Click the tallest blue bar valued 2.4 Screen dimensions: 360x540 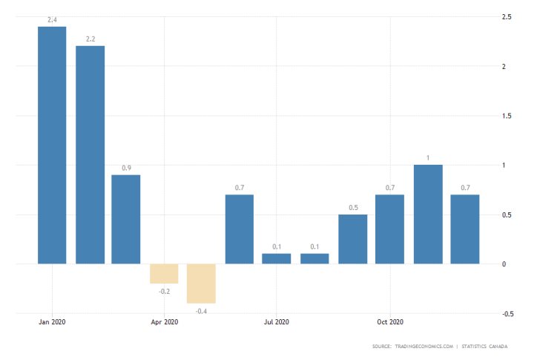point(52,145)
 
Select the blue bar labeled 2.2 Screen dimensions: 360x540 point(90,154)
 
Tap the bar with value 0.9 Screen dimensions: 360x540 point(126,219)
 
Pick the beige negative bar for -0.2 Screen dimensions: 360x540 point(164,273)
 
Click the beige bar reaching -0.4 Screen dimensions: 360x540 point(201,284)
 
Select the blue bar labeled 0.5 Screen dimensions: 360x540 point(352,239)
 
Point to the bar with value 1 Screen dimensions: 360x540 point(428,214)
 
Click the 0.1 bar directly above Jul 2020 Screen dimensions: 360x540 point(277,258)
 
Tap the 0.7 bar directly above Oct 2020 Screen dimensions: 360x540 point(390,229)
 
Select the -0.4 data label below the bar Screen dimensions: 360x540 point(201,311)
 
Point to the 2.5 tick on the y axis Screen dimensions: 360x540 point(507,16)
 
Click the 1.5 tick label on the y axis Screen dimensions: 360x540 point(507,116)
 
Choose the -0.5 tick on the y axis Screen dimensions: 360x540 point(506,314)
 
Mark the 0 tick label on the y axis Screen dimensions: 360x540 point(504,264)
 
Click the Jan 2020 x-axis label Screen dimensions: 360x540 point(52,322)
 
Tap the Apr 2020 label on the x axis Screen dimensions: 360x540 point(164,322)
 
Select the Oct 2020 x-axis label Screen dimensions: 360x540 point(390,322)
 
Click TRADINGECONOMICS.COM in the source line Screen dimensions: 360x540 point(422,347)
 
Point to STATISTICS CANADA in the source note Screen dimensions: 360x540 point(490,347)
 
